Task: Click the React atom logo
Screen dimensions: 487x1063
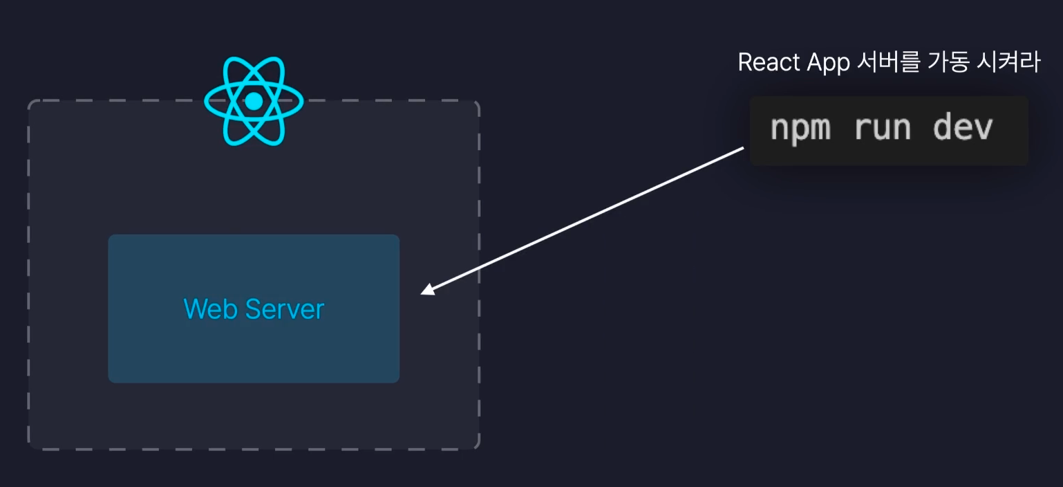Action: point(254,101)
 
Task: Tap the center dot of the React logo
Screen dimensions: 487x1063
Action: point(254,102)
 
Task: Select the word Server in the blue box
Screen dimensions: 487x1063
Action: point(284,309)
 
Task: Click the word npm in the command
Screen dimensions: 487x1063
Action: point(800,128)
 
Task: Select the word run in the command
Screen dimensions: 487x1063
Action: point(883,128)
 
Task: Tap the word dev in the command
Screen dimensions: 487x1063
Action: point(963,128)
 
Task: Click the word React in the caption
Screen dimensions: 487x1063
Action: point(763,63)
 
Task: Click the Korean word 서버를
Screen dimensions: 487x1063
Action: point(879,62)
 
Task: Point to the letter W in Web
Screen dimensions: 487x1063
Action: point(194,309)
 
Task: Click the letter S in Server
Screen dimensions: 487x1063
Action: point(252,309)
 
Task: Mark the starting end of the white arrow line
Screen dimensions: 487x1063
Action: point(743,147)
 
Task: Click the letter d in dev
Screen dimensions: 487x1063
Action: point(943,128)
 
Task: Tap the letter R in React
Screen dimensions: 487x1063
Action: point(744,63)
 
